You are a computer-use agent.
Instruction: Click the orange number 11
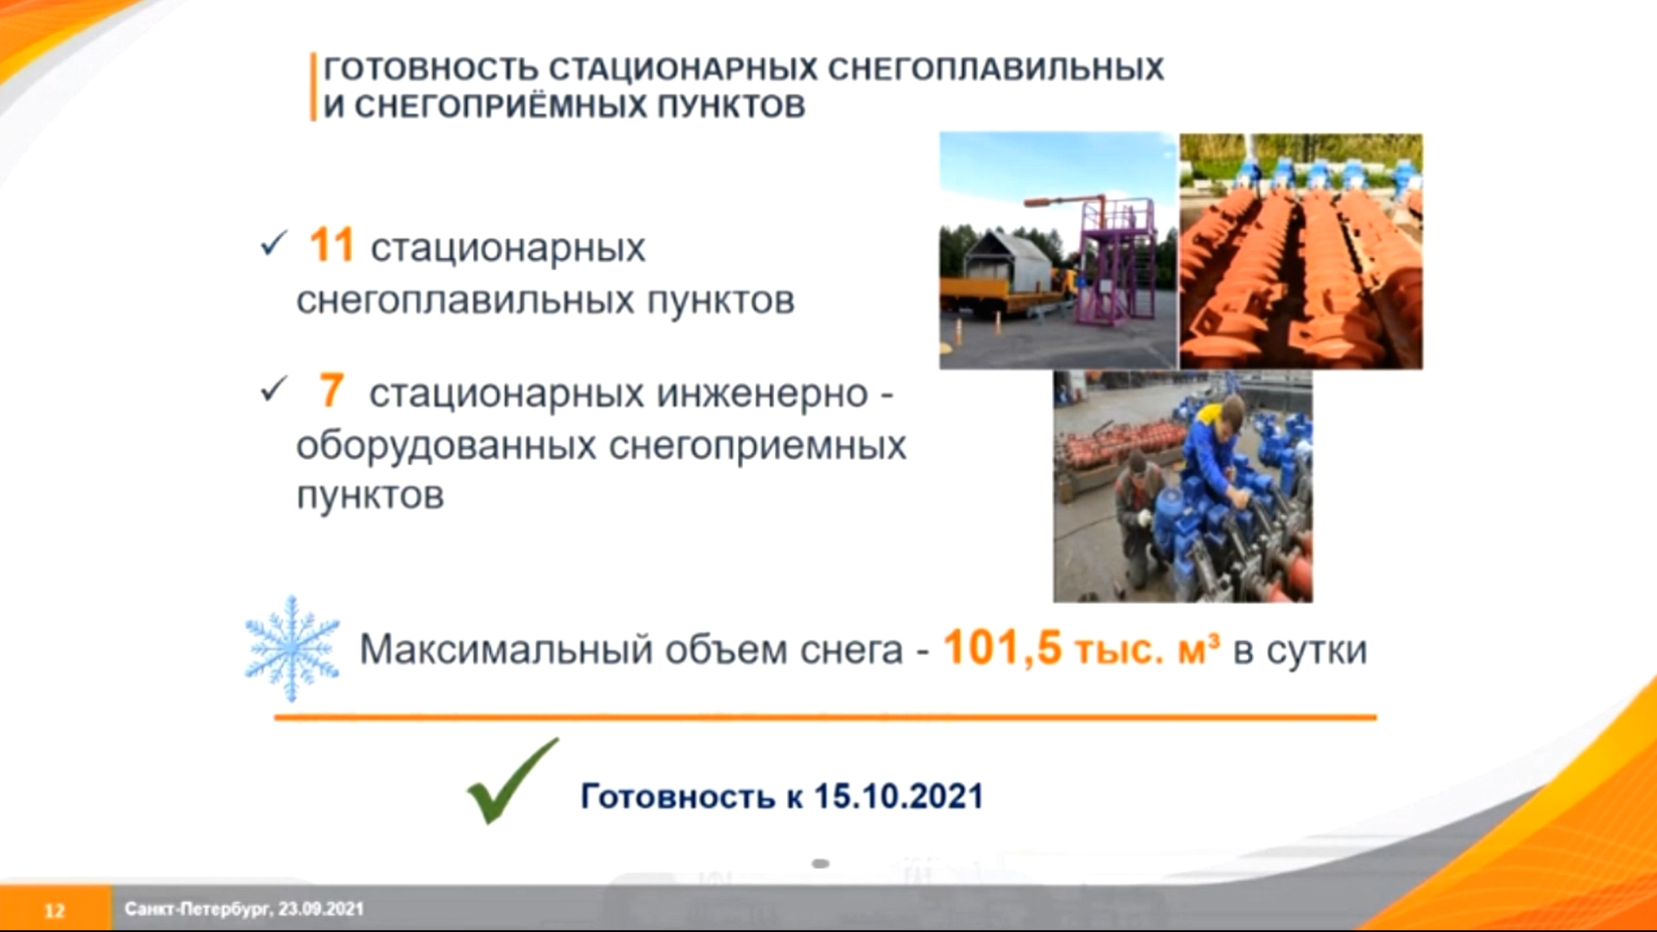point(331,245)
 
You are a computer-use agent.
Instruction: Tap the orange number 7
point(331,391)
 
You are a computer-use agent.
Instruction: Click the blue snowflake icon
point(293,648)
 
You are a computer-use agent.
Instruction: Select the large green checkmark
point(512,780)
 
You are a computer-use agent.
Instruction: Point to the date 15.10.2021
point(898,796)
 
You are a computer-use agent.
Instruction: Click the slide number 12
point(54,910)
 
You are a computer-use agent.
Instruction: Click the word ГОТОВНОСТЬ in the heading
point(431,69)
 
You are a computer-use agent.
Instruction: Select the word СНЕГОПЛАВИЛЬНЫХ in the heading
point(996,69)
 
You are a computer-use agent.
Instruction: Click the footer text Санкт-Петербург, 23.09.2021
point(244,909)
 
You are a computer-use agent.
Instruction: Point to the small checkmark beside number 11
point(273,244)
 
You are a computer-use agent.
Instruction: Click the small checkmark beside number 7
point(273,390)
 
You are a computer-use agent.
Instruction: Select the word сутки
point(1317,650)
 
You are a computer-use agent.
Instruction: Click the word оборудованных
point(446,445)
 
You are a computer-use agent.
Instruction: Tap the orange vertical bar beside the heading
point(313,86)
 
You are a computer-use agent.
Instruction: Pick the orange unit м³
point(1199,649)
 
